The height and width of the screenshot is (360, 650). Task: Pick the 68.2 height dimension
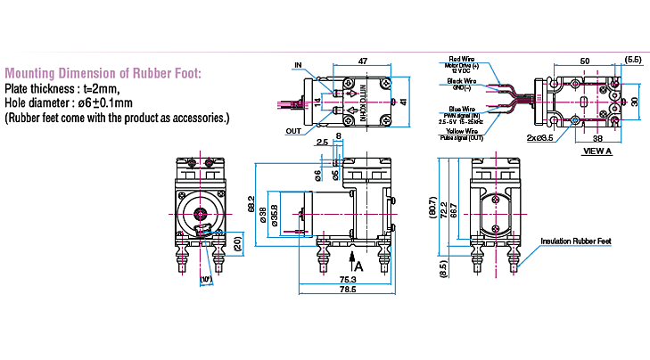(251, 203)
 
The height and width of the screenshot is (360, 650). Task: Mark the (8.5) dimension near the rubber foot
(442, 264)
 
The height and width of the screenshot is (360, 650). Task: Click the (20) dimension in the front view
(237, 242)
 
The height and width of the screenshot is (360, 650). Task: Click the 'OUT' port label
(294, 130)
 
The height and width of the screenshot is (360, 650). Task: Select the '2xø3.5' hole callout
(539, 138)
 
